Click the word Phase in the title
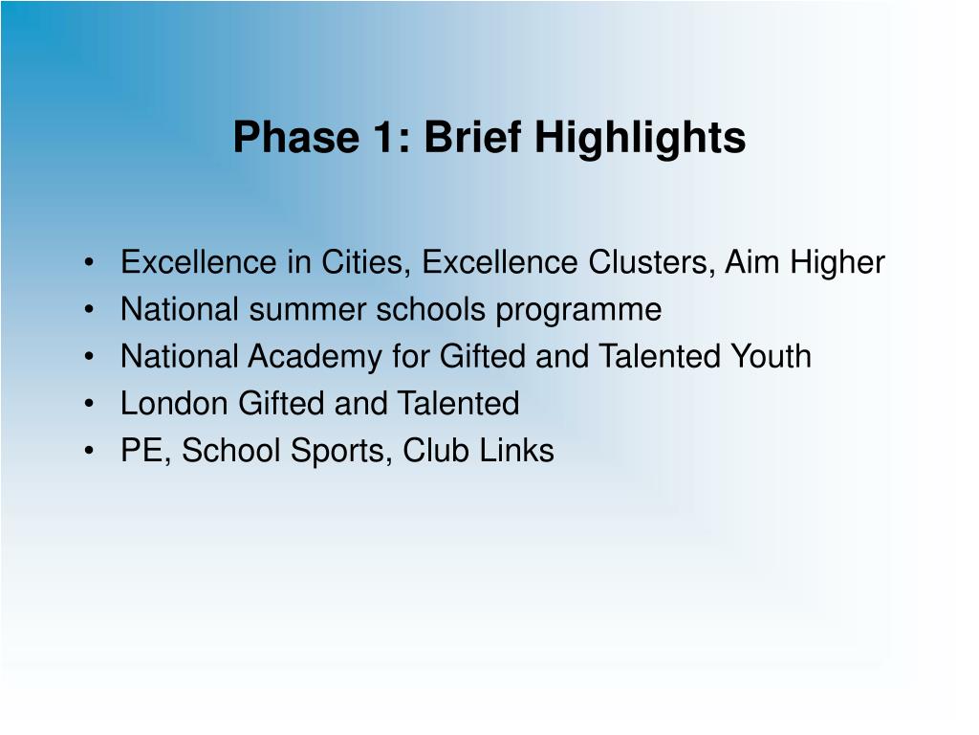click(x=296, y=137)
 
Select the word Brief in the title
click(x=472, y=136)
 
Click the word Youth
click(x=772, y=356)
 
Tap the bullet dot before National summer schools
click(x=89, y=310)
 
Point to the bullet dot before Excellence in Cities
click(x=89, y=263)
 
